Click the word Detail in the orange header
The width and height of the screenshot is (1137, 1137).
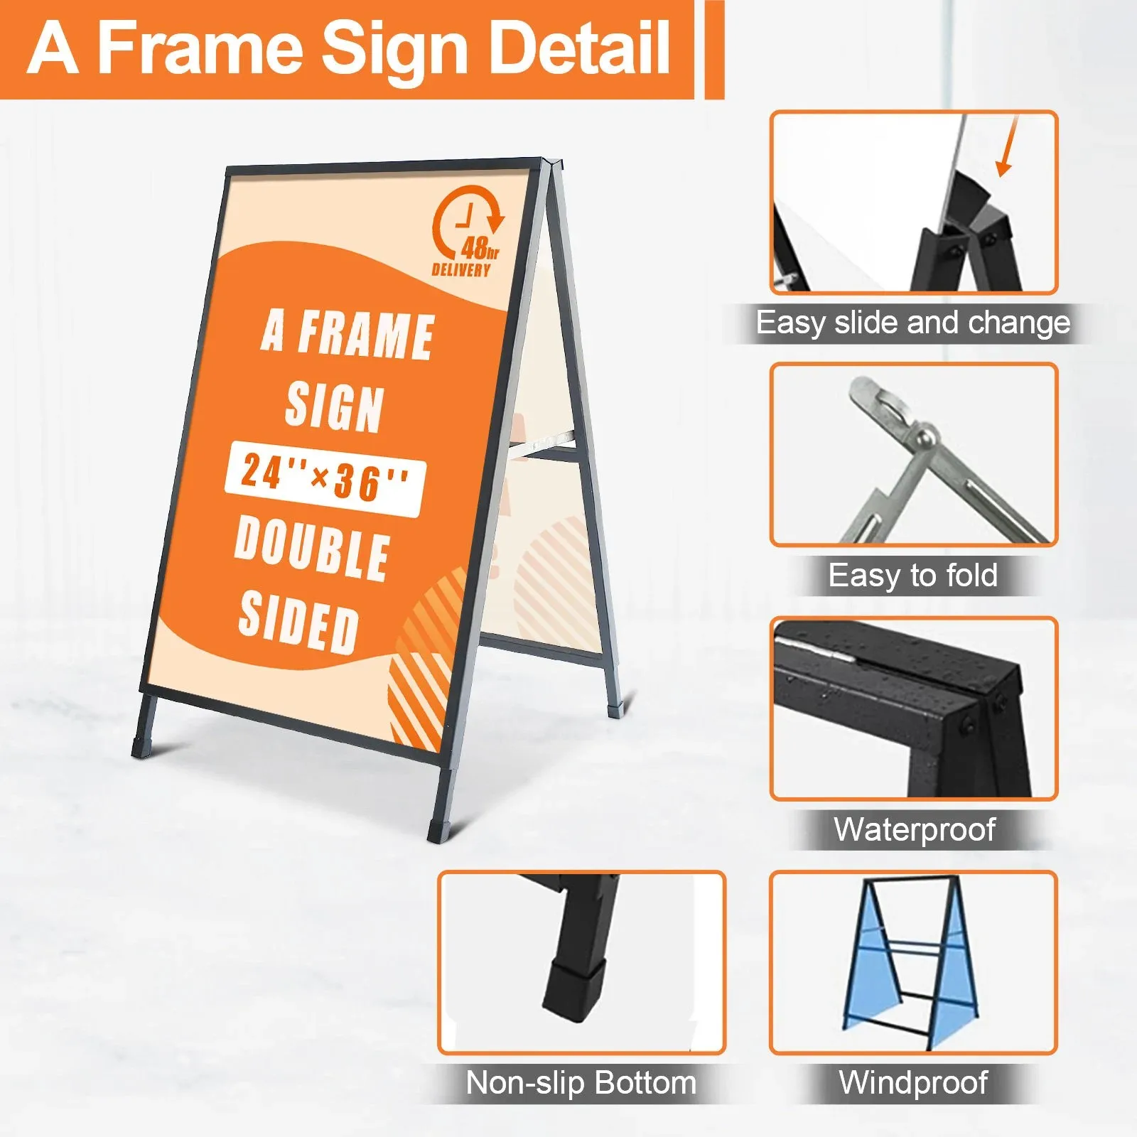point(579,48)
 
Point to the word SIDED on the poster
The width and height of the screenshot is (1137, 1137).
point(298,623)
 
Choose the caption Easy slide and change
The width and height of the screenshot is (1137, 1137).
point(913,323)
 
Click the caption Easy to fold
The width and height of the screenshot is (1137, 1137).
point(913,576)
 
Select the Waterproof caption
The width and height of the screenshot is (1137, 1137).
point(915,829)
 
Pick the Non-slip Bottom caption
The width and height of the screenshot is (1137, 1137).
point(581,1083)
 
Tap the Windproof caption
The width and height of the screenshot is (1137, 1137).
point(913,1083)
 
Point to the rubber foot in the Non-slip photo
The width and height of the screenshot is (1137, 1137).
point(574,988)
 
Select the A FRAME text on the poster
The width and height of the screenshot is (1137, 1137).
point(348,334)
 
